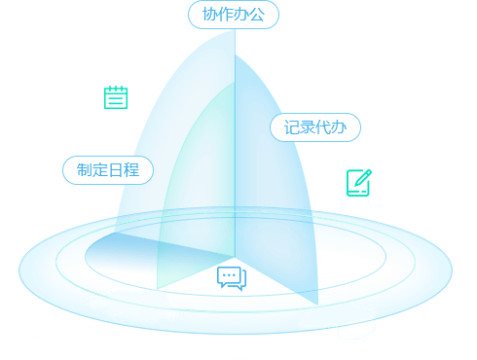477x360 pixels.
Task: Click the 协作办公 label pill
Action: [234, 15]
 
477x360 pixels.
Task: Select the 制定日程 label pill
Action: [108, 170]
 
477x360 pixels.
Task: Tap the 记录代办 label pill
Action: [315, 127]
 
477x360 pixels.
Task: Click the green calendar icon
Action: [116, 97]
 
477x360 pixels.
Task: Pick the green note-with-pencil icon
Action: [359, 183]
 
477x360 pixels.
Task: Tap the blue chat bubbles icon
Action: [232, 278]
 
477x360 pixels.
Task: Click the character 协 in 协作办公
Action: [210, 15]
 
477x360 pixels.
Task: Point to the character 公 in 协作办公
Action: [257, 15]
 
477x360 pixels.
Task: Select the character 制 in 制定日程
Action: [85, 170]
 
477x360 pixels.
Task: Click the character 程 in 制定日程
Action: [131, 170]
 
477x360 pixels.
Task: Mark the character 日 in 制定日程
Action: [116, 170]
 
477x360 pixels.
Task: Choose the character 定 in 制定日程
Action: [100, 170]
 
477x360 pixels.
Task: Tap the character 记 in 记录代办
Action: [292, 127]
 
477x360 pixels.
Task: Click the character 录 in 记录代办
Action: [308, 127]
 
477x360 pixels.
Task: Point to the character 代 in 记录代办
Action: [323, 127]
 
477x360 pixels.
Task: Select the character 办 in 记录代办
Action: [339, 127]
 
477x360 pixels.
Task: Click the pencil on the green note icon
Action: [363, 178]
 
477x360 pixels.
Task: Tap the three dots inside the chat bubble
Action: [229, 275]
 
